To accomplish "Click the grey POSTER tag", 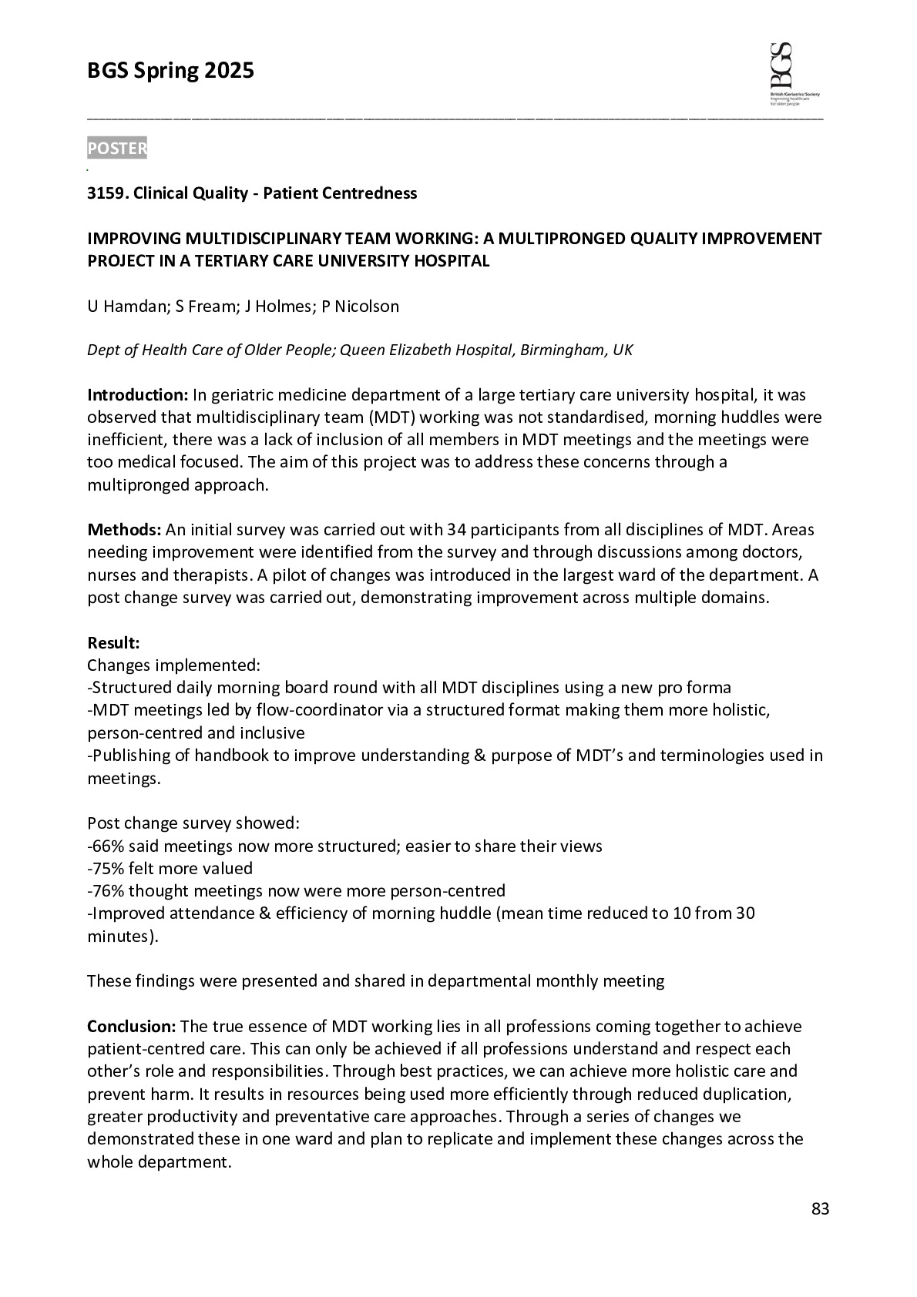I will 116,149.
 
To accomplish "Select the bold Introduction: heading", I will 137,395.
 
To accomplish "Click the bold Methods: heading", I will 124,530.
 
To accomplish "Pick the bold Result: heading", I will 113,642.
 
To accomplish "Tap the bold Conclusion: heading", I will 132,1027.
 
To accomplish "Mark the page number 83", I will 820,1209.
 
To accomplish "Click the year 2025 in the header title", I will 229,71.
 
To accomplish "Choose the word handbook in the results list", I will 231,756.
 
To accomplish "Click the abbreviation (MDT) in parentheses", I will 389,418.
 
